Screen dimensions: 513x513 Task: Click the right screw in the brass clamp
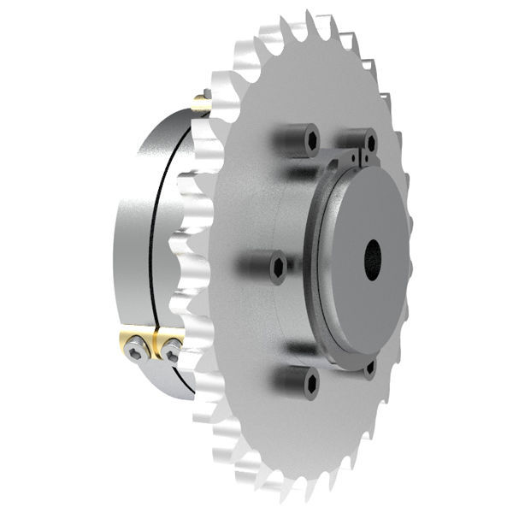[x=173, y=350]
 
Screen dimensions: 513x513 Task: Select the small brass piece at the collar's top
[x=201, y=105]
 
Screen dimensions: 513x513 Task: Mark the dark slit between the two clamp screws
[x=155, y=347]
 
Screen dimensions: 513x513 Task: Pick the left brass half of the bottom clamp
[x=128, y=342]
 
